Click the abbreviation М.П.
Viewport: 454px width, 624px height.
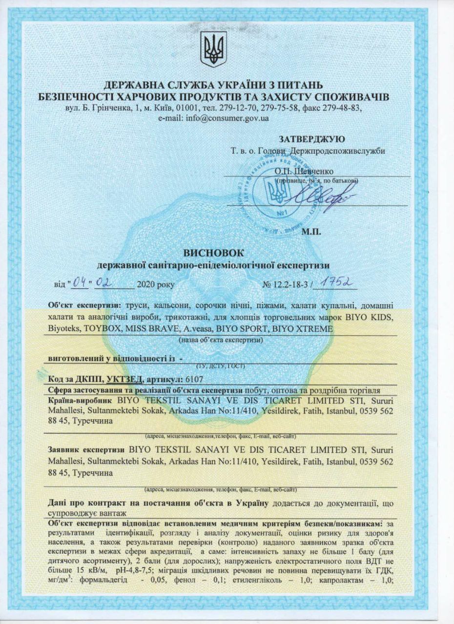click(x=311, y=232)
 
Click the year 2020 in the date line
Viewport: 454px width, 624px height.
click(x=146, y=284)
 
